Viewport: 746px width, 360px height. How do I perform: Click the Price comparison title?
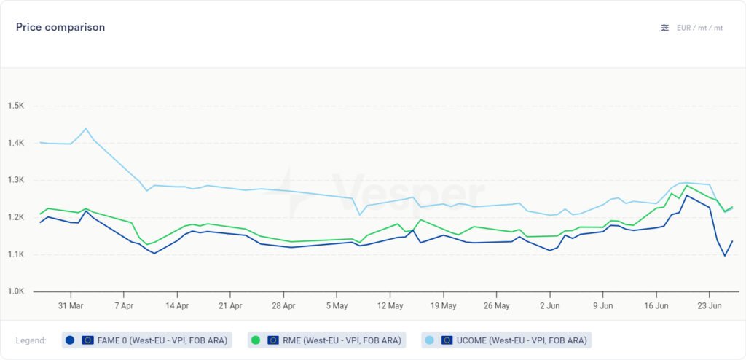tap(60, 27)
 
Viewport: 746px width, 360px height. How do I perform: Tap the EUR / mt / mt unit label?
tap(699, 28)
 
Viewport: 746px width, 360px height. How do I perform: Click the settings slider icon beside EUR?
tap(664, 28)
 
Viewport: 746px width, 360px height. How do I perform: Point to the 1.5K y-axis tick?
tap(16, 106)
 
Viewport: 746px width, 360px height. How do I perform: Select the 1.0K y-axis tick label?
tap(16, 291)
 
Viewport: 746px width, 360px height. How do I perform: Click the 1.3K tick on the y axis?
tap(16, 180)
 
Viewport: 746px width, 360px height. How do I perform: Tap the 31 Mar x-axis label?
tap(71, 306)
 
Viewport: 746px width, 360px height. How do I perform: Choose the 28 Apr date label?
tap(283, 306)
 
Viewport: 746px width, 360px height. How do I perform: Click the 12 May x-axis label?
tap(390, 306)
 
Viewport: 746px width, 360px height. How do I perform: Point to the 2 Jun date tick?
tap(550, 306)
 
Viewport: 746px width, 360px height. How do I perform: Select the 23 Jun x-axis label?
tap(710, 306)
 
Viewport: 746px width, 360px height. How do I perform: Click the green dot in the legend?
tap(256, 340)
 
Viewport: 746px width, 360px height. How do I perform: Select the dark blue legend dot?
tap(70, 340)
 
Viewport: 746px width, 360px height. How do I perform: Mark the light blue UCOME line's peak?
tap(86, 129)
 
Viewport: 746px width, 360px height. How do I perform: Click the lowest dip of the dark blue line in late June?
tap(725, 255)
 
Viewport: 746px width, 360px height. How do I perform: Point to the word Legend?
tap(31, 340)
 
